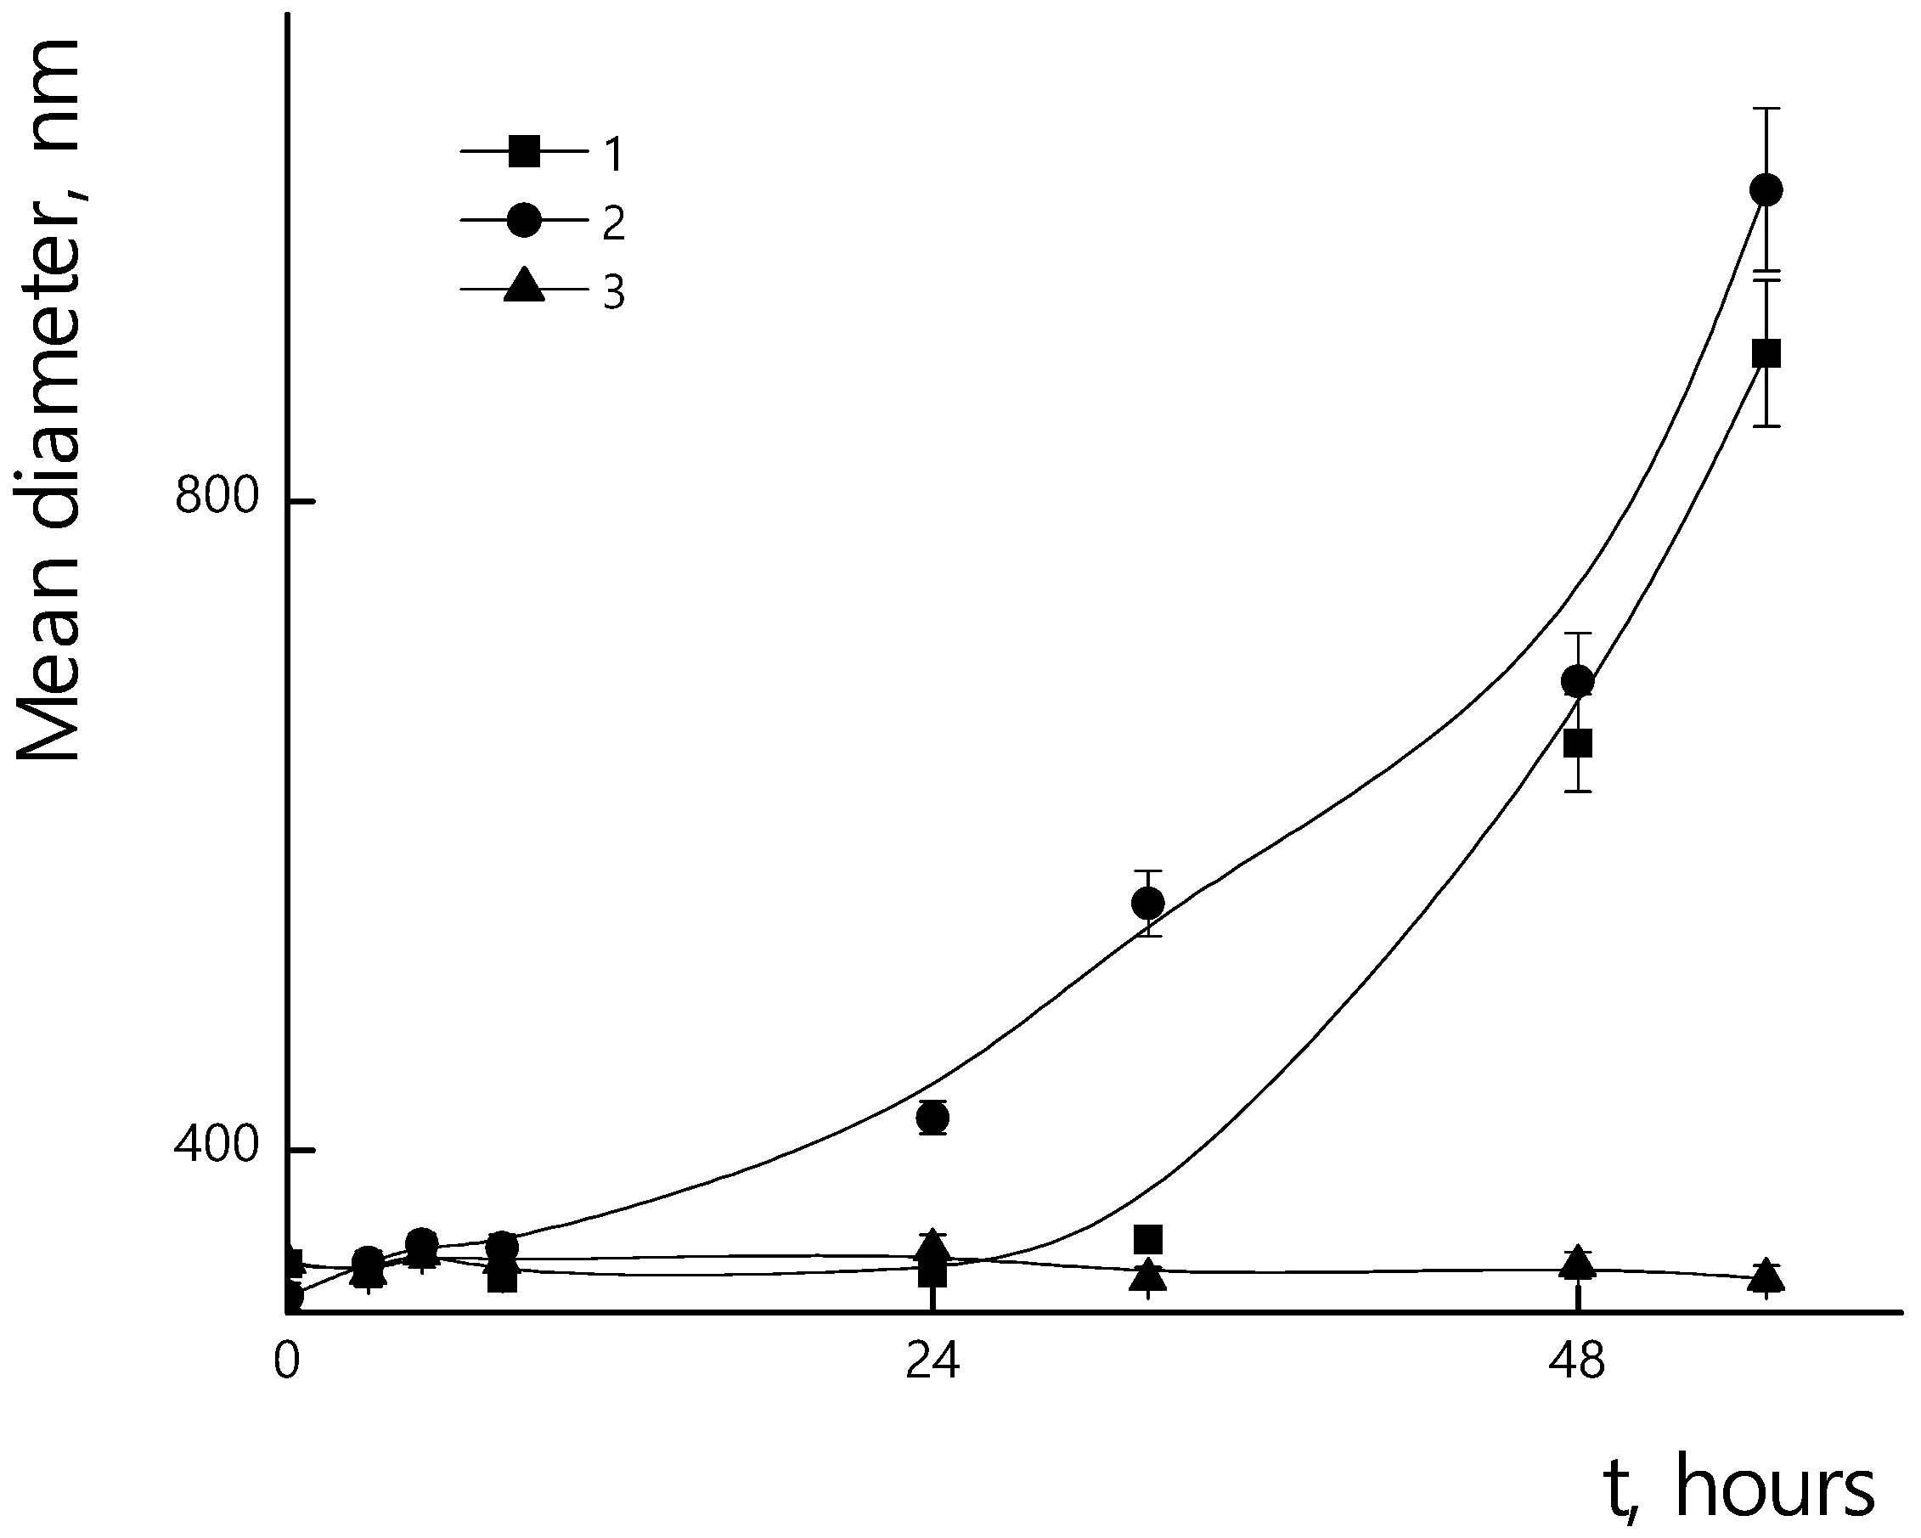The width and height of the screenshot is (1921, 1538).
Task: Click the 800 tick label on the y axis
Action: tap(217, 495)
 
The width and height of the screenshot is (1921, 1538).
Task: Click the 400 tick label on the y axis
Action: tap(217, 1146)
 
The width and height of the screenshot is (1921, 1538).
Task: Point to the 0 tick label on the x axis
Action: tap(286, 1362)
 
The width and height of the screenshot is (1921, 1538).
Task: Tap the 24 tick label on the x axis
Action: tap(932, 1362)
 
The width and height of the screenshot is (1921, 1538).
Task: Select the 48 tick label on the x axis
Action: tap(1577, 1362)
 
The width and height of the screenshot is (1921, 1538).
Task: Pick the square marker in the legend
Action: tap(524, 151)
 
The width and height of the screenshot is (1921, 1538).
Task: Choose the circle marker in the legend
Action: tap(524, 220)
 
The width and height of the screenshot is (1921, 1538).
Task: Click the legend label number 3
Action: tap(614, 292)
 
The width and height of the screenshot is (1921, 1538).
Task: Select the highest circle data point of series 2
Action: tap(1766, 189)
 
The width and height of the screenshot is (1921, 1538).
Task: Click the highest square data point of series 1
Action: tap(1766, 354)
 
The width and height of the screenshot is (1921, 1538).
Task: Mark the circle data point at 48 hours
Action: tap(1578, 682)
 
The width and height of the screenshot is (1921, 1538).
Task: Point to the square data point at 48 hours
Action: tap(1578, 742)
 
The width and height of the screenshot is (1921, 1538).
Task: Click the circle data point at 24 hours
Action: tap(932, 1118)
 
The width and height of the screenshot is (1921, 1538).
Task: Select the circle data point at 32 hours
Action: tap(1147, 904)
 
